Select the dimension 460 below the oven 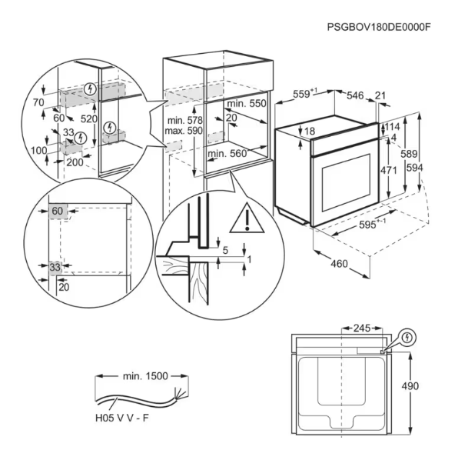[x=339, y=265]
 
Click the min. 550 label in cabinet [x=246, y=103]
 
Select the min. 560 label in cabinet [x=227, y=154]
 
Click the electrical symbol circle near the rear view [x=407, y=337]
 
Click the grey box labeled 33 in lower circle [x=55, y=267]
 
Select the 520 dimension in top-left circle [x=89, y=119]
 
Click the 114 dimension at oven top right [x=393, y=127]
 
